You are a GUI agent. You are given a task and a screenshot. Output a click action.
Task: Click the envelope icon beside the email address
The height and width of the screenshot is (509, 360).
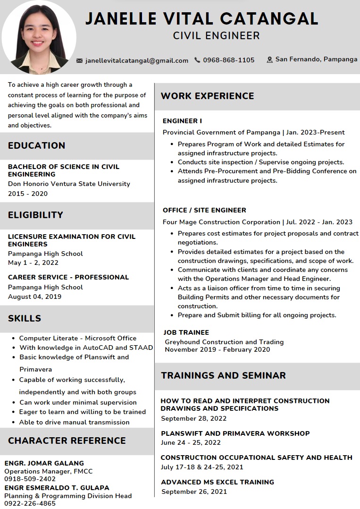80,60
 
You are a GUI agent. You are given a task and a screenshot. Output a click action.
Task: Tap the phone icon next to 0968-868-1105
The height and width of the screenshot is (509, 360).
197,60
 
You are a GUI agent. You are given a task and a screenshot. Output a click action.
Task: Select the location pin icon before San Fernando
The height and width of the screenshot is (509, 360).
270,59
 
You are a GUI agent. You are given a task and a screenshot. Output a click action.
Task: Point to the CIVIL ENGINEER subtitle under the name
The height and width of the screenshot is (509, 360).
217,35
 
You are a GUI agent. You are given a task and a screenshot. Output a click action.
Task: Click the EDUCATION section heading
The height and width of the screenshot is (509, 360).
37,145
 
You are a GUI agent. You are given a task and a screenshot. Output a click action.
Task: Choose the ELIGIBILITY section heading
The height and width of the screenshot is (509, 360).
35,215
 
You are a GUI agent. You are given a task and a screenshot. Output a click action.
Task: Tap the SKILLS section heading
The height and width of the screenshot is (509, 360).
25,318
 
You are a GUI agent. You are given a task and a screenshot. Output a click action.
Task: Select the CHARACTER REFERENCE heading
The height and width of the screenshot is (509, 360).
67,441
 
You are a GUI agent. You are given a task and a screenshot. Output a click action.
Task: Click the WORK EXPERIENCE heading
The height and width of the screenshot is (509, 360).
208,96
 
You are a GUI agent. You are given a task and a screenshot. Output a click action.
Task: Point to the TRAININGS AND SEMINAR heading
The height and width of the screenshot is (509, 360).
223,375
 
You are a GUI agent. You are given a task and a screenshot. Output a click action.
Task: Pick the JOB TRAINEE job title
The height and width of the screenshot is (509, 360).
186,332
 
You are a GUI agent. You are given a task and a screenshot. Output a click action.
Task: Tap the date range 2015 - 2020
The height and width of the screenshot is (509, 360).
28,194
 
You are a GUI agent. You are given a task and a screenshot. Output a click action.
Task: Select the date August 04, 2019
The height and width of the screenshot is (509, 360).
34,297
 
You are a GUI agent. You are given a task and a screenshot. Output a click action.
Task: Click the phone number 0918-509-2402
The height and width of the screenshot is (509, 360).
30,479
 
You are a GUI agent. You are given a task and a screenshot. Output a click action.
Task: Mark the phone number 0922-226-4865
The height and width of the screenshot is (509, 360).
30,503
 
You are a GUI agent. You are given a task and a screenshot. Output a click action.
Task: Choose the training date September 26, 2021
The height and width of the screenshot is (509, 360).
194,492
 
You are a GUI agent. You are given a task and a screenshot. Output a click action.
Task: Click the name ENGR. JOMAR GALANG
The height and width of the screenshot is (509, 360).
44,463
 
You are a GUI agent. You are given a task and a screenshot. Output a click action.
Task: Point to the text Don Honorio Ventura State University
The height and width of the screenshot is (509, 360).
69,184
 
